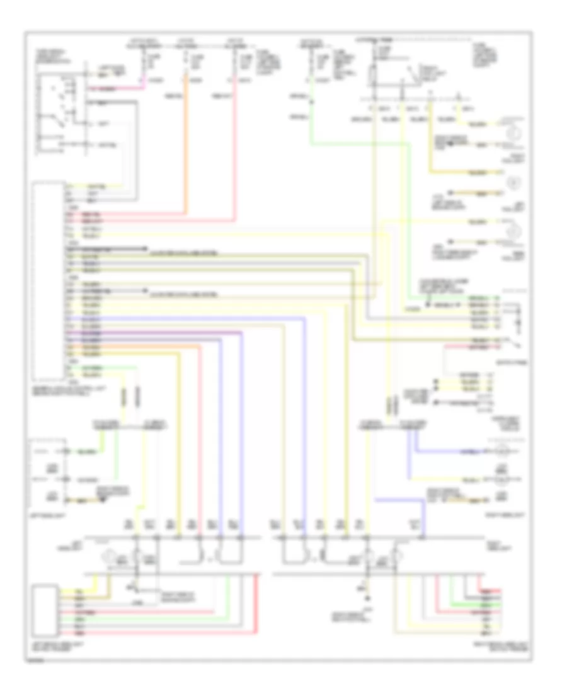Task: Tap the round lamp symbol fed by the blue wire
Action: click(501, 452)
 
